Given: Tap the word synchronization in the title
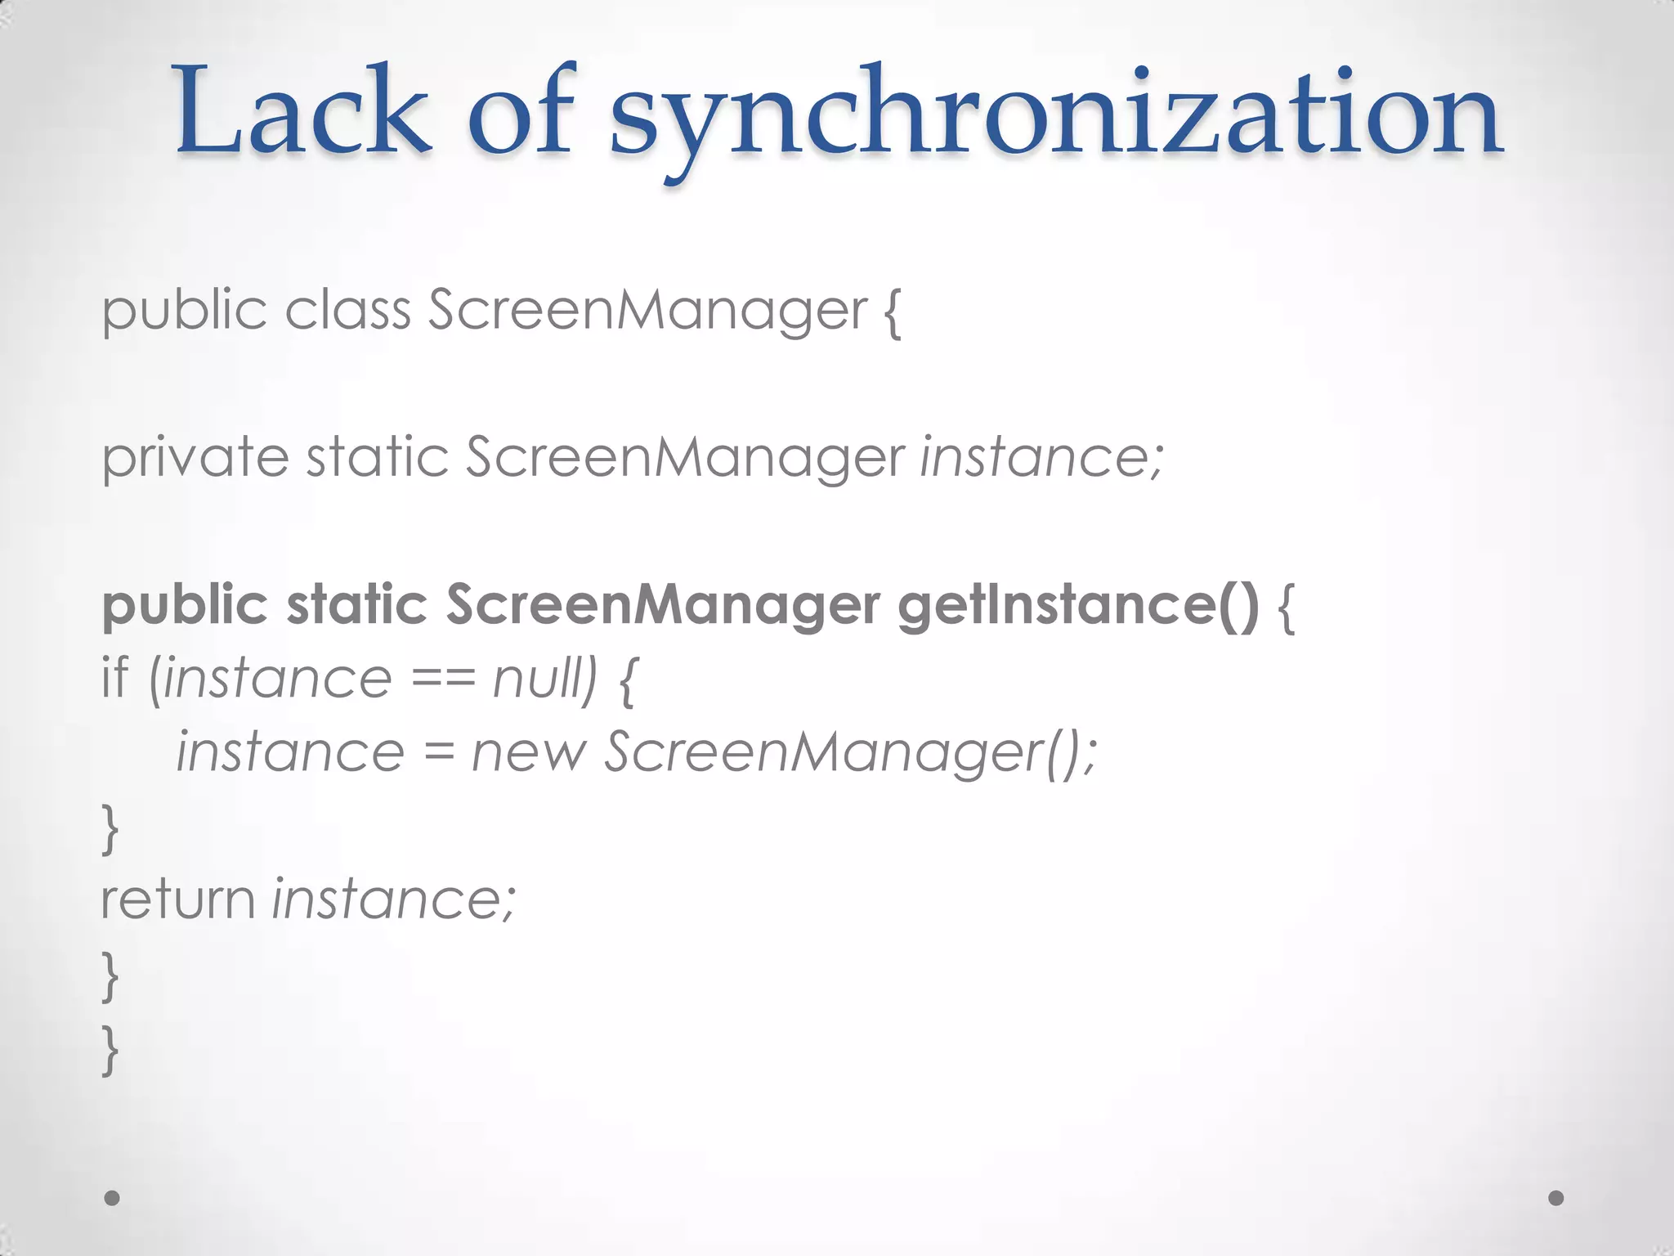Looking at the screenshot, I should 1055,114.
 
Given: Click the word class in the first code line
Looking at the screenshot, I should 347,311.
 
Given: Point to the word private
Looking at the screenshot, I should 195,458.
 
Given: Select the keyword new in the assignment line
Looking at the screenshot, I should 529,752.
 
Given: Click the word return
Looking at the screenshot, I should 178,899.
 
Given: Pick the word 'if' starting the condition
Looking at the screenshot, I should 115,679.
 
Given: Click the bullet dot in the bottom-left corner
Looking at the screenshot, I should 112,1198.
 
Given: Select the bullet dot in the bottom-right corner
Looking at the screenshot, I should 1556,1198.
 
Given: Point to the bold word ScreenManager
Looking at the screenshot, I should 662,605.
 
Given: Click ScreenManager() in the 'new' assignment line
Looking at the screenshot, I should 850,752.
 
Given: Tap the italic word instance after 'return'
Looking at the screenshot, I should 394,899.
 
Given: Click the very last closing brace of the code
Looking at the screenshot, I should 110,1051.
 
